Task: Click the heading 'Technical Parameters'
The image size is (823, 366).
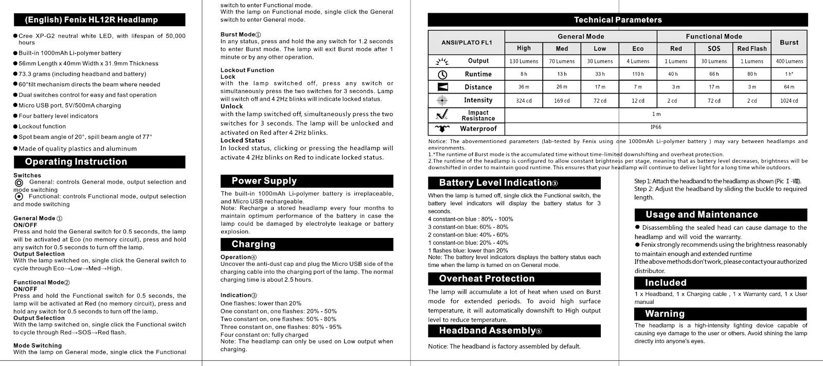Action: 617,20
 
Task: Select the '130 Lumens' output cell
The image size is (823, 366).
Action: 524,61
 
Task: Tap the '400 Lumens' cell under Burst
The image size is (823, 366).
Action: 789,61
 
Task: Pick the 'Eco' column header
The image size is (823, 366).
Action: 638,49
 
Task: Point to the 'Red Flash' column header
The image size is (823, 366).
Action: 752,49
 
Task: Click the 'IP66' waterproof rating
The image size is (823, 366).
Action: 656,127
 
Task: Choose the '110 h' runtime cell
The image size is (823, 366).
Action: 638,74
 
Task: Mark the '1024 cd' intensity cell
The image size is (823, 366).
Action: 789,101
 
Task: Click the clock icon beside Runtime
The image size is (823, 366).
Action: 442,75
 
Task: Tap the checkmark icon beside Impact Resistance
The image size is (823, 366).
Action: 442,115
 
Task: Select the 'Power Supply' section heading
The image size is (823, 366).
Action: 264,181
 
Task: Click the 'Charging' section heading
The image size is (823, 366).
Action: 253,244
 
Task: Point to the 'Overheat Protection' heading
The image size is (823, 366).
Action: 487,279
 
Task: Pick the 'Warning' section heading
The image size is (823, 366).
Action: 665,314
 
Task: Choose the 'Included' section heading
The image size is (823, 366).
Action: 666,283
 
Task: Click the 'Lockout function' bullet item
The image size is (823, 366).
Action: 42,126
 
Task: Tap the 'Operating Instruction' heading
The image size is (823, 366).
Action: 76,162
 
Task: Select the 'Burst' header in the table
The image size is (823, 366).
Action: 789,43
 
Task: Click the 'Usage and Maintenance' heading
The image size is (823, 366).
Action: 702,215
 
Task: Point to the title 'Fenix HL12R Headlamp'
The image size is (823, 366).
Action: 92,20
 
